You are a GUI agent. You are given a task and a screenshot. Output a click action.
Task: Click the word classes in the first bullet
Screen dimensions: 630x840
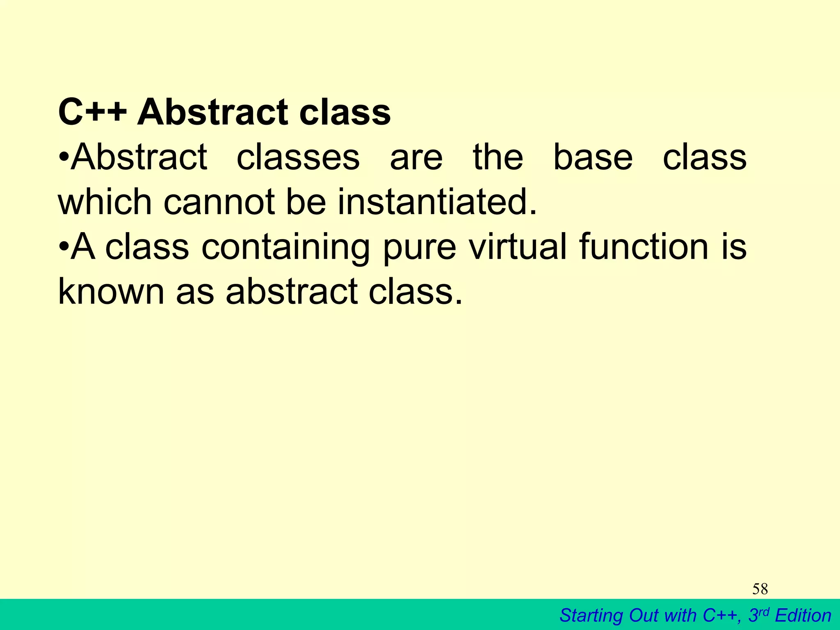pos(298,157)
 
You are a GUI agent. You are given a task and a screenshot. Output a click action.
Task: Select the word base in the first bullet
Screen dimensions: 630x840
pos(593,157)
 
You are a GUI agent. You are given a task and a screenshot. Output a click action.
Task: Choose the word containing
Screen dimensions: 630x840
pos(285,248)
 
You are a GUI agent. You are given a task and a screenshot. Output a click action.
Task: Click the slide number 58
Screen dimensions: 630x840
pos(760,589)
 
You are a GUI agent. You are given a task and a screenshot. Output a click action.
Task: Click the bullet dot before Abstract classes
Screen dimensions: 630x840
pos(64,158)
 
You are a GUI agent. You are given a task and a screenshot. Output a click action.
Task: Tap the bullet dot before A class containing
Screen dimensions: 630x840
pos(64,248)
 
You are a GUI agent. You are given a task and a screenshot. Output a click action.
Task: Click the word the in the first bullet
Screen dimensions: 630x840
pos(498,157)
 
